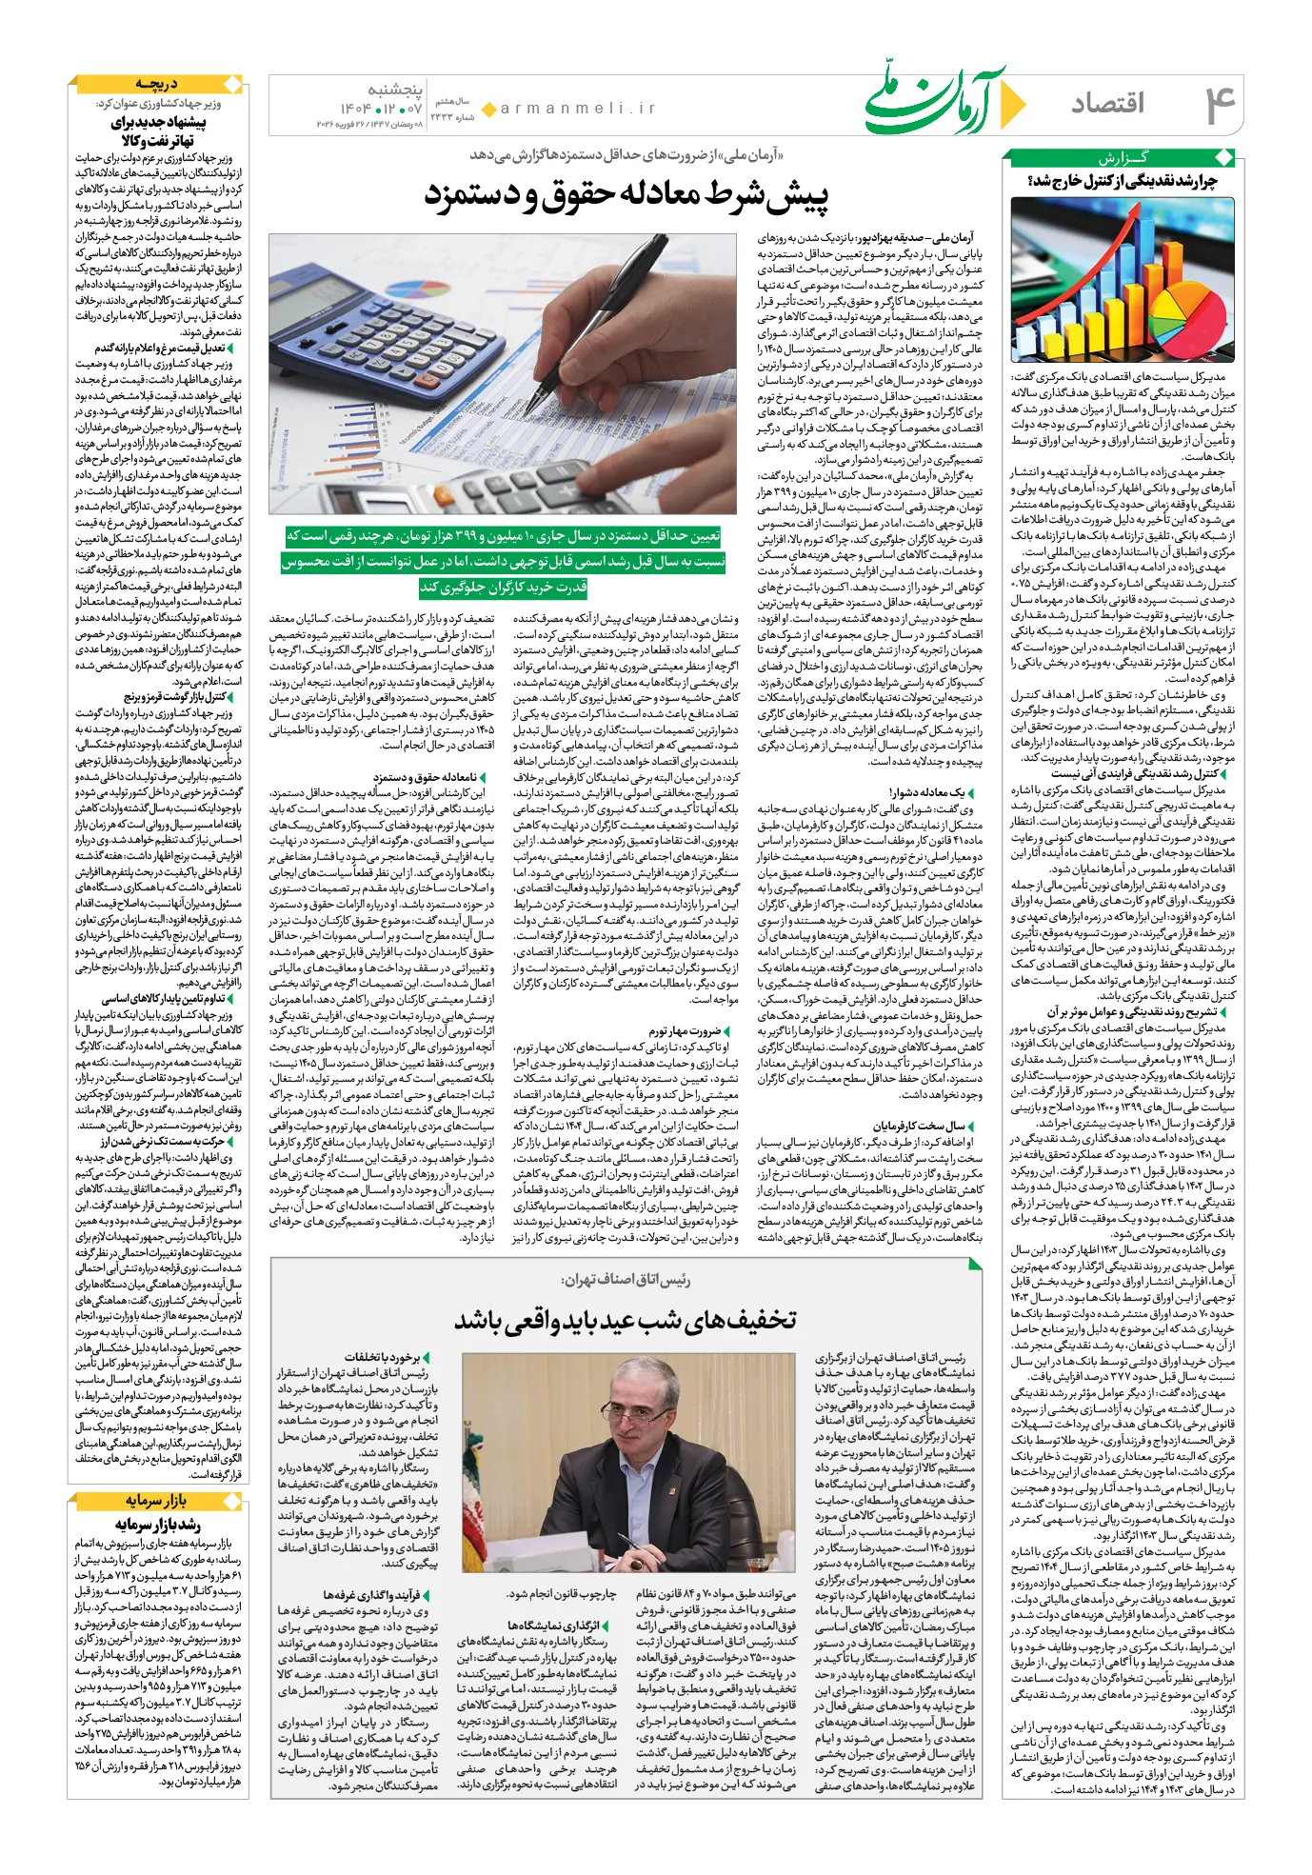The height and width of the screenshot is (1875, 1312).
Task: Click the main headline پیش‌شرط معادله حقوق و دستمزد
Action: tap(626, 195)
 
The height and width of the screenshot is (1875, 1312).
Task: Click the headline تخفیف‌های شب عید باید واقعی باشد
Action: tap(625, 1319)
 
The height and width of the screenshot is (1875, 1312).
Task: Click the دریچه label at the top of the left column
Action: tap(156, 84)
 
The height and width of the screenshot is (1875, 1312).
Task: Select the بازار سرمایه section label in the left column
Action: tap(157, 1501)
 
